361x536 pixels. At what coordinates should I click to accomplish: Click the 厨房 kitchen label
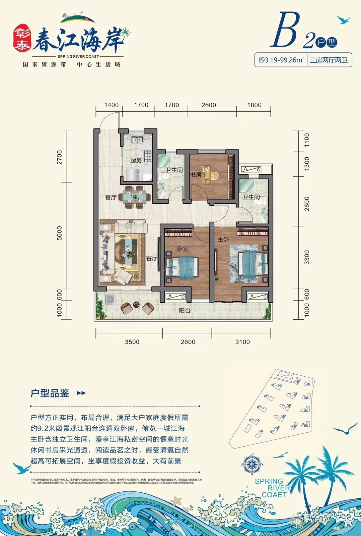pyautogui.click(x=136, y=161)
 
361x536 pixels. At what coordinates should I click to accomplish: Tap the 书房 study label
pyautogui.click(x=196, y=175)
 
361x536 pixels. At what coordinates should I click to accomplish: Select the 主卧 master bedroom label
pyautogui.click(x=223, y=239)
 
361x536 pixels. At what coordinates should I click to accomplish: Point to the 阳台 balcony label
pyautogui.click(x=185, y=311)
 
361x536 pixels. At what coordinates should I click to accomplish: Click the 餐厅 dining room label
pyautogui.click(x=111, y=197)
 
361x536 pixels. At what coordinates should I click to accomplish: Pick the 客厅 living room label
pyautogui.click(x=152, y=258)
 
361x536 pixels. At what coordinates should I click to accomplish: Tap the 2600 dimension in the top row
pyautogui.click(x=209, y=105)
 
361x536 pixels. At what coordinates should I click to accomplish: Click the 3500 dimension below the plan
pyautogui.click(x=132, y=342)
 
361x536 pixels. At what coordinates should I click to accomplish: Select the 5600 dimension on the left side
pyautogui.click(x=60, y=233)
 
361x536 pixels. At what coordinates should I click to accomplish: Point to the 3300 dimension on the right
pyautogui.click(x=307, y=257)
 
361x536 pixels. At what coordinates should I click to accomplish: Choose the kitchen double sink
pyautogui.click(x=137, y=140)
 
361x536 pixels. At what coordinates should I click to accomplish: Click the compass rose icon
pyautogui.click(x=251, y=465)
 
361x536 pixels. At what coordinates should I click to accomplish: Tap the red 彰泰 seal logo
pyautogui.click(x=22, y=39)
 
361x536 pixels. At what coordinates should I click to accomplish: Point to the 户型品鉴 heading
pyautogui.click(x=50, y=393)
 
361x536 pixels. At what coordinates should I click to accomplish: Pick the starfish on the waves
pyautogui.click(x=176, y=501)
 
